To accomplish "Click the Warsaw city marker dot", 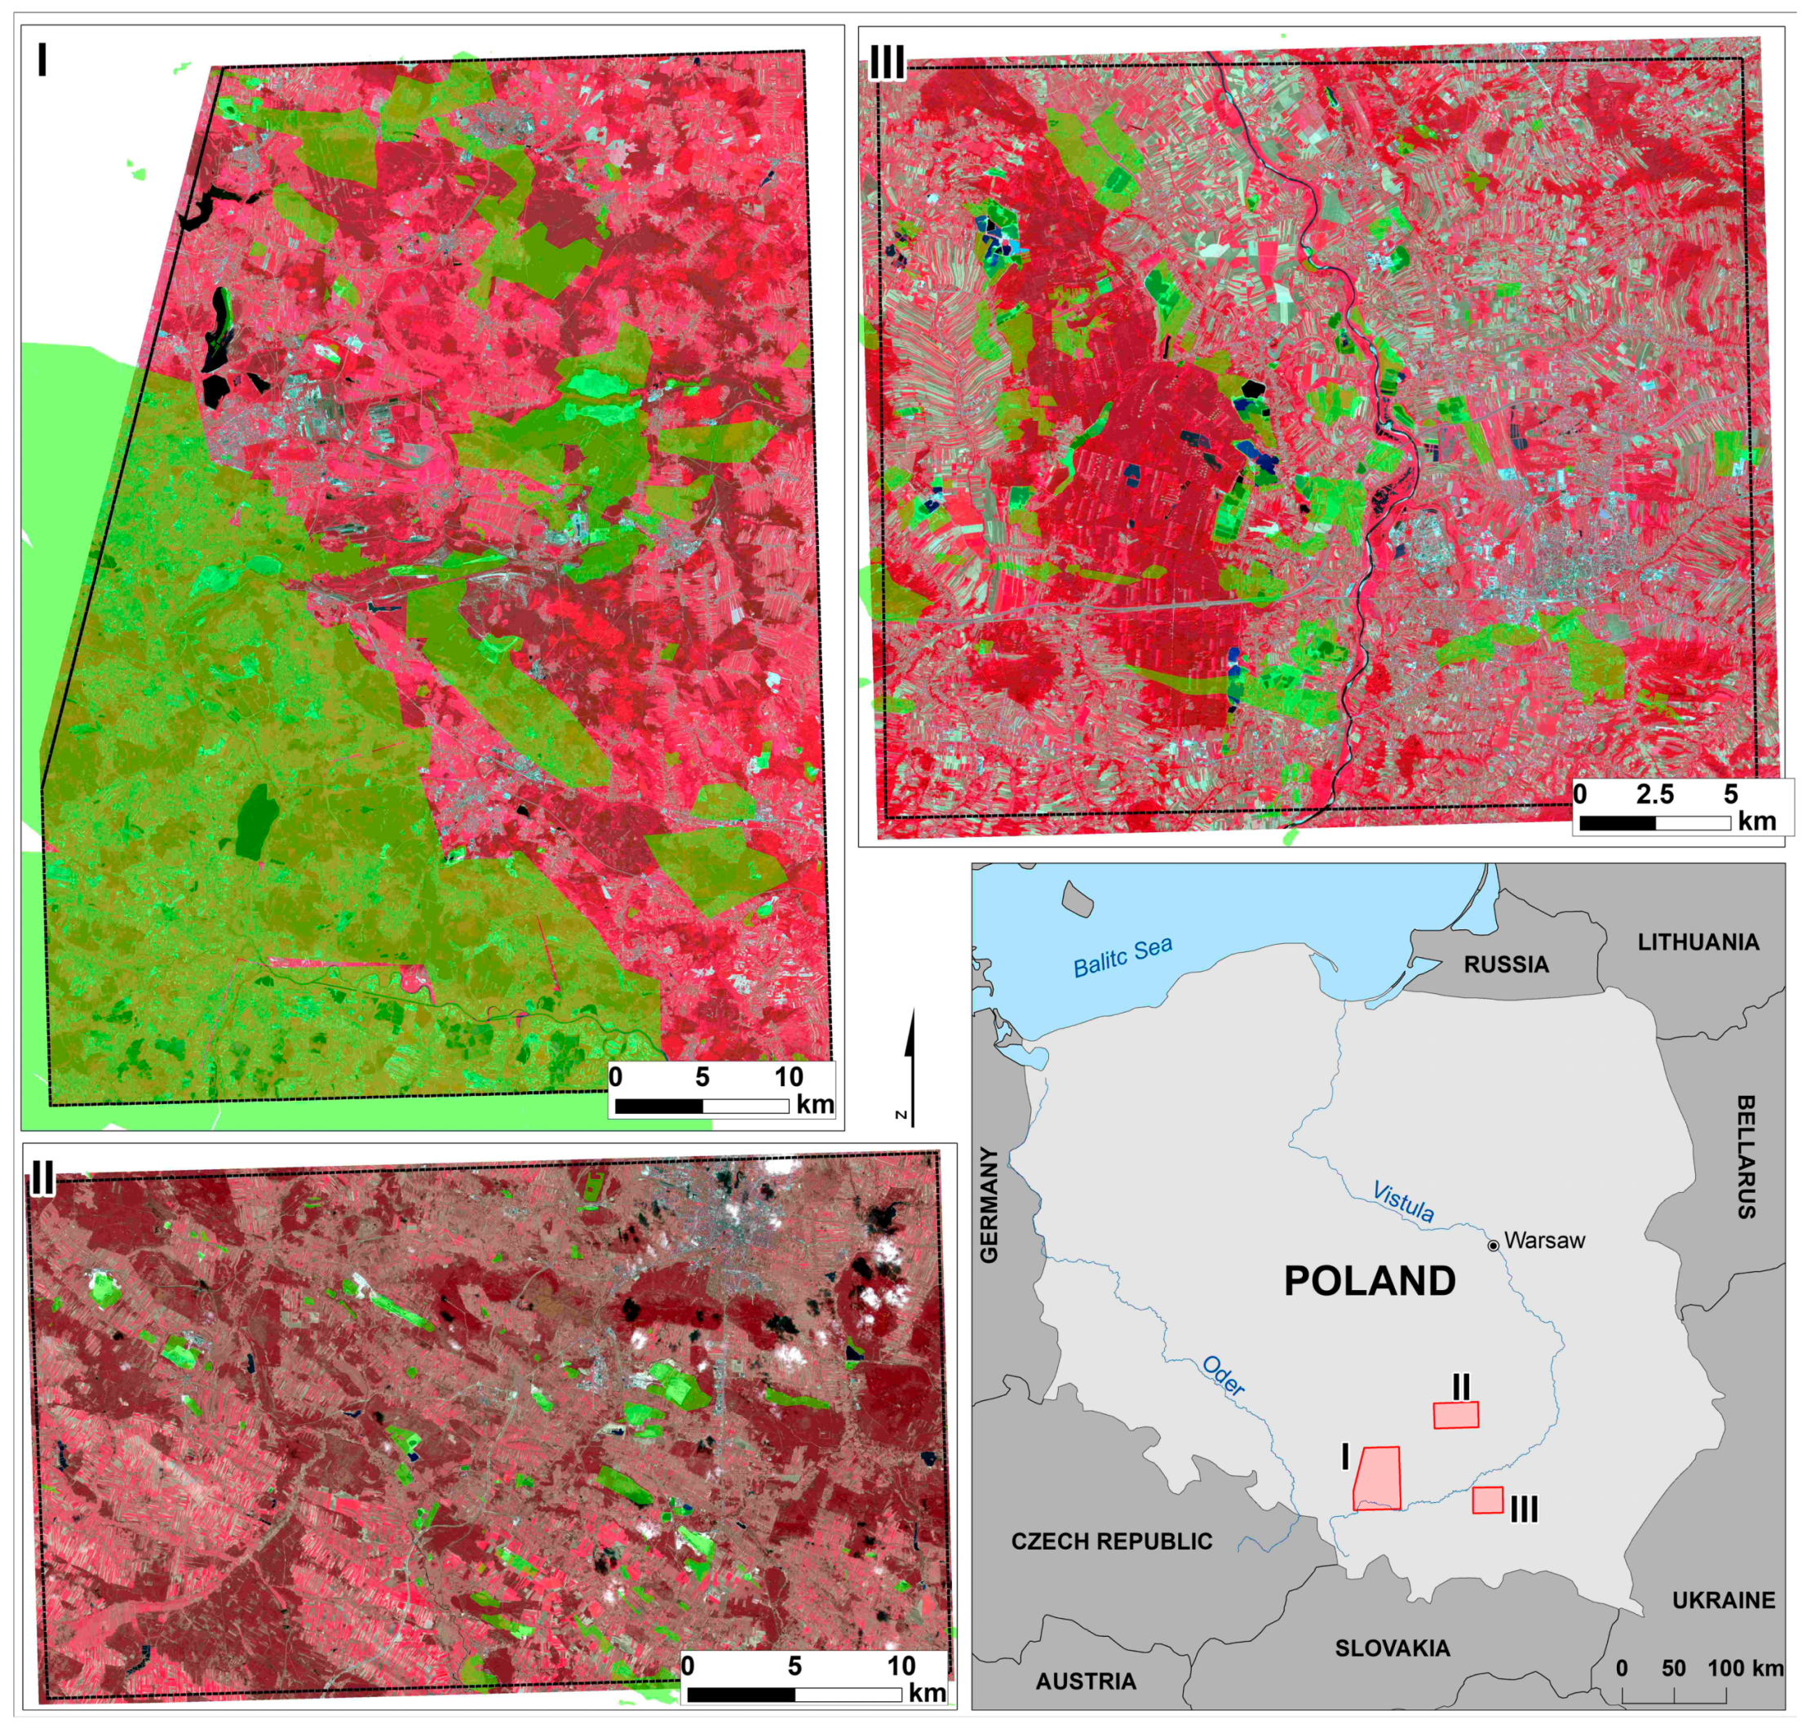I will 1493,1245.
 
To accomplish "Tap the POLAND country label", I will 1370,1281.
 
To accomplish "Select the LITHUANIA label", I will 1698,942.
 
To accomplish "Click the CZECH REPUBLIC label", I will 1112,1541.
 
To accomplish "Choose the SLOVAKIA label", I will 1392,1648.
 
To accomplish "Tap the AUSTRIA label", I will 1085,1681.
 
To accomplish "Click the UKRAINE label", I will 1724,1600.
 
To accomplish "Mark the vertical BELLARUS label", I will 1746,1157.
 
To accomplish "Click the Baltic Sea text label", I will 1122,955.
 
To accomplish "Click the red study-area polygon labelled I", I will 1377,1479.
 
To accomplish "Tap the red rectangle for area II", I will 1455,1415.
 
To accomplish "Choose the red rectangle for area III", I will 1486,1501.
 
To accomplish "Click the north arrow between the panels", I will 910,1060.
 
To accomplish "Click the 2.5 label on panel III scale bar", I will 1654,795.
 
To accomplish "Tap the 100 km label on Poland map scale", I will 1745,1668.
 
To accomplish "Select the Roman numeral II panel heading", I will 42,1176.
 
